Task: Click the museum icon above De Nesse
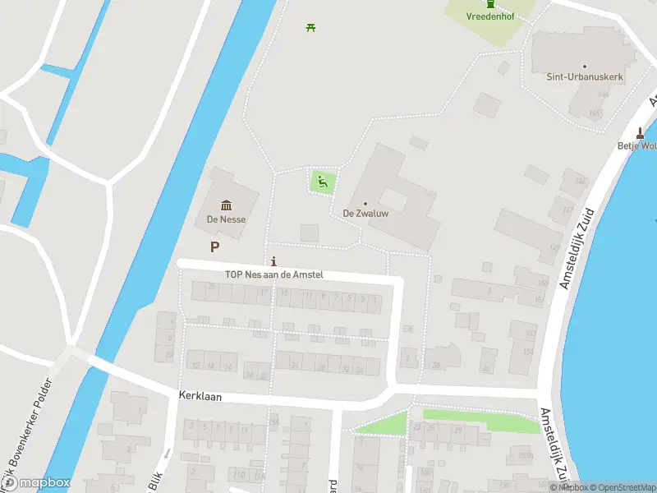click(x=226, y=205)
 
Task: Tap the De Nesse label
click(x=226, y=219)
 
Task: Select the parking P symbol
click(x=215, y=246)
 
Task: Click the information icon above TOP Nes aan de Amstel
click(x=273, y=262)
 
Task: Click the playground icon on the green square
click(x=323, y=181)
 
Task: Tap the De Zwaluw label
click(x=365, y=214)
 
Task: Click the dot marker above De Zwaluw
click(x=365, y=203)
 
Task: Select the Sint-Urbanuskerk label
click(x=584, y=76)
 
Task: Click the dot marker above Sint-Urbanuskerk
click(x=584, y=66)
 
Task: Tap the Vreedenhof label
click(x=489, y=16)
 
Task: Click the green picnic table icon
click(x=310, y=27)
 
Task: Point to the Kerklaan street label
click(x=200, y=396)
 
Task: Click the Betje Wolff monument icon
click(x=641, y=133)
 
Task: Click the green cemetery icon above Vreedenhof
click(x=490, y=3)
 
